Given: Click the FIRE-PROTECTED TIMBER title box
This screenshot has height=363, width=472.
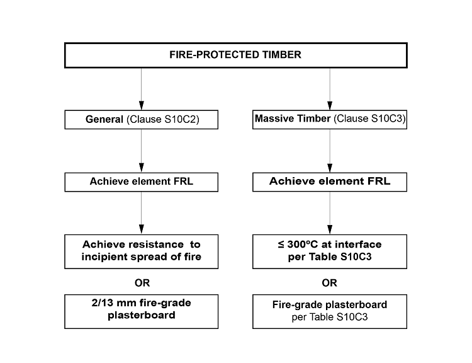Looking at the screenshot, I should [236, 55].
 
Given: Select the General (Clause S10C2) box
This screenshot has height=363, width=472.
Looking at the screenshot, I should [142, 120].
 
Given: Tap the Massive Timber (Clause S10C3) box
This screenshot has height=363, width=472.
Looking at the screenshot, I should [330, 120].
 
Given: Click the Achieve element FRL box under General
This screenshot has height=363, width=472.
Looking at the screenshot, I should [142, 183].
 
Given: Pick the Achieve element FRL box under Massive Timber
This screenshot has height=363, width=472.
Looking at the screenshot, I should [330, 183].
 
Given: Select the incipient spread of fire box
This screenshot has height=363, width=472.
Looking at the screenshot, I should [142, 250].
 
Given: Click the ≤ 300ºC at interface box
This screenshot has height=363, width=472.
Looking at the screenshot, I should [330, 250].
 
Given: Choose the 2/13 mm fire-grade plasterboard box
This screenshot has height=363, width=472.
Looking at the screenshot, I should [142, 309].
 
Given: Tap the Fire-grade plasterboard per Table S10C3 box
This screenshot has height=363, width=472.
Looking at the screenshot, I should [330, 311].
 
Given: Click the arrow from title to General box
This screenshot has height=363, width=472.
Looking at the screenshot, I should [142, 88].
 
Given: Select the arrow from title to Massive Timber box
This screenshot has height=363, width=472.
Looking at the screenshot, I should [330, 88].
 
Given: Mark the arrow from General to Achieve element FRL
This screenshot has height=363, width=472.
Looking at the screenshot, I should [142, 151].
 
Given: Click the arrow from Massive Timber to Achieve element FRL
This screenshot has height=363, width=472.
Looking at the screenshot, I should [330, 151].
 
